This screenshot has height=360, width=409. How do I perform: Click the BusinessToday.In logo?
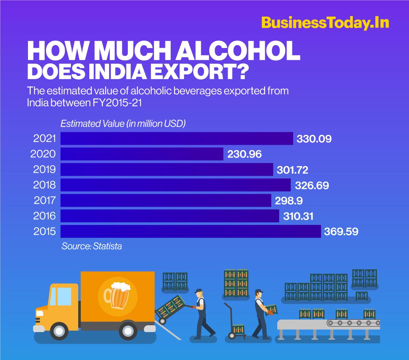pyautogui.click(x=325, y=24)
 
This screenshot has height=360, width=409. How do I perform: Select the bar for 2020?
pyautogui.click(x=142, y=154)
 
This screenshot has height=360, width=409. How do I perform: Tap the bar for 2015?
pyautogui.click(x=191, y=232)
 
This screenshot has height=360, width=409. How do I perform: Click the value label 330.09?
pyautogui.click(x=314, y=139)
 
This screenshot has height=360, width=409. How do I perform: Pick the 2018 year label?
pyautogui.click(x=44, y=185)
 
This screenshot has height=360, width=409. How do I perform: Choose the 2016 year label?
pyautogui.click(x=44, y=216)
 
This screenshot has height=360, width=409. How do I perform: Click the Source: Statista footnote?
pyautogui.click(x=91, y=246)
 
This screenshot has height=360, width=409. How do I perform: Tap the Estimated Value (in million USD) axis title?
pyautogui.click(x=123, y=124)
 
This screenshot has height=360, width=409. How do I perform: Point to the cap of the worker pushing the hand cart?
pyautogui.click(x=199, y=291)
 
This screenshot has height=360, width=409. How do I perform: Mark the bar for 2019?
pyautogui.click(x=167, y=169)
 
